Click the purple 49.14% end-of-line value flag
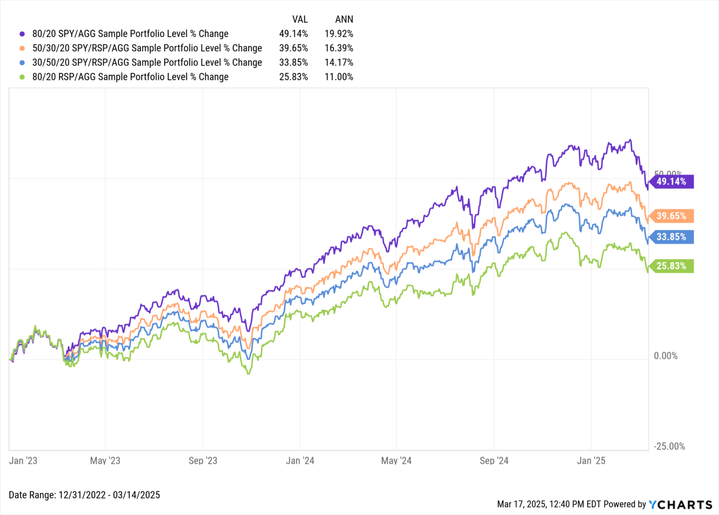click(x=671, y=181)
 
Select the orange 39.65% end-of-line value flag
click(x=671, y=216)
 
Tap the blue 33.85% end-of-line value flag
click(x=671, y=237)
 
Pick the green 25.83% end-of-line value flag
click(x=671, y=266)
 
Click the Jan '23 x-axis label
click(x=23, y=461)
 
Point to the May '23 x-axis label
click(x=105, y=461)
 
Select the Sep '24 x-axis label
click(x=494, y=461)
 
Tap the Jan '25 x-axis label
click(x=591, y=461)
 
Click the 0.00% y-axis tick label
click(x=666, y=356)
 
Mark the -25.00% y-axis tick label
click(x=669, y=446)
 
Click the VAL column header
click(x=300, y=19)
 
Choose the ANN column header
click(x=344, y=19)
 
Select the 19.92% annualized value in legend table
click(x=339, y=34)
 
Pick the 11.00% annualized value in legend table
click(x=339, y=77)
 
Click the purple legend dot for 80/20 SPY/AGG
click(x=22, y=34)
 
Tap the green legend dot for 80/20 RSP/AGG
click(x=22, y=77)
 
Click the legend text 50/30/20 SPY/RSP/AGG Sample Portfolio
click(x=147, y=48)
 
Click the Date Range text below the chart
click(x=84, y=495)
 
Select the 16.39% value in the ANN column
click(x=339, y=48)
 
